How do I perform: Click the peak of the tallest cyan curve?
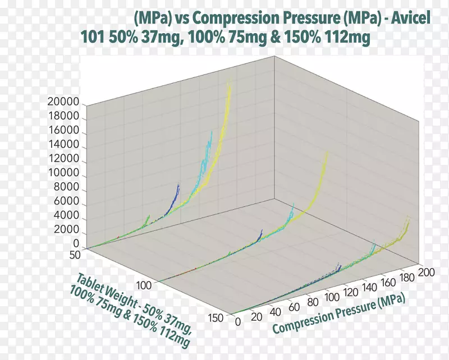(212, 131)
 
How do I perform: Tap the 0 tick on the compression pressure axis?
(237, 322)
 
